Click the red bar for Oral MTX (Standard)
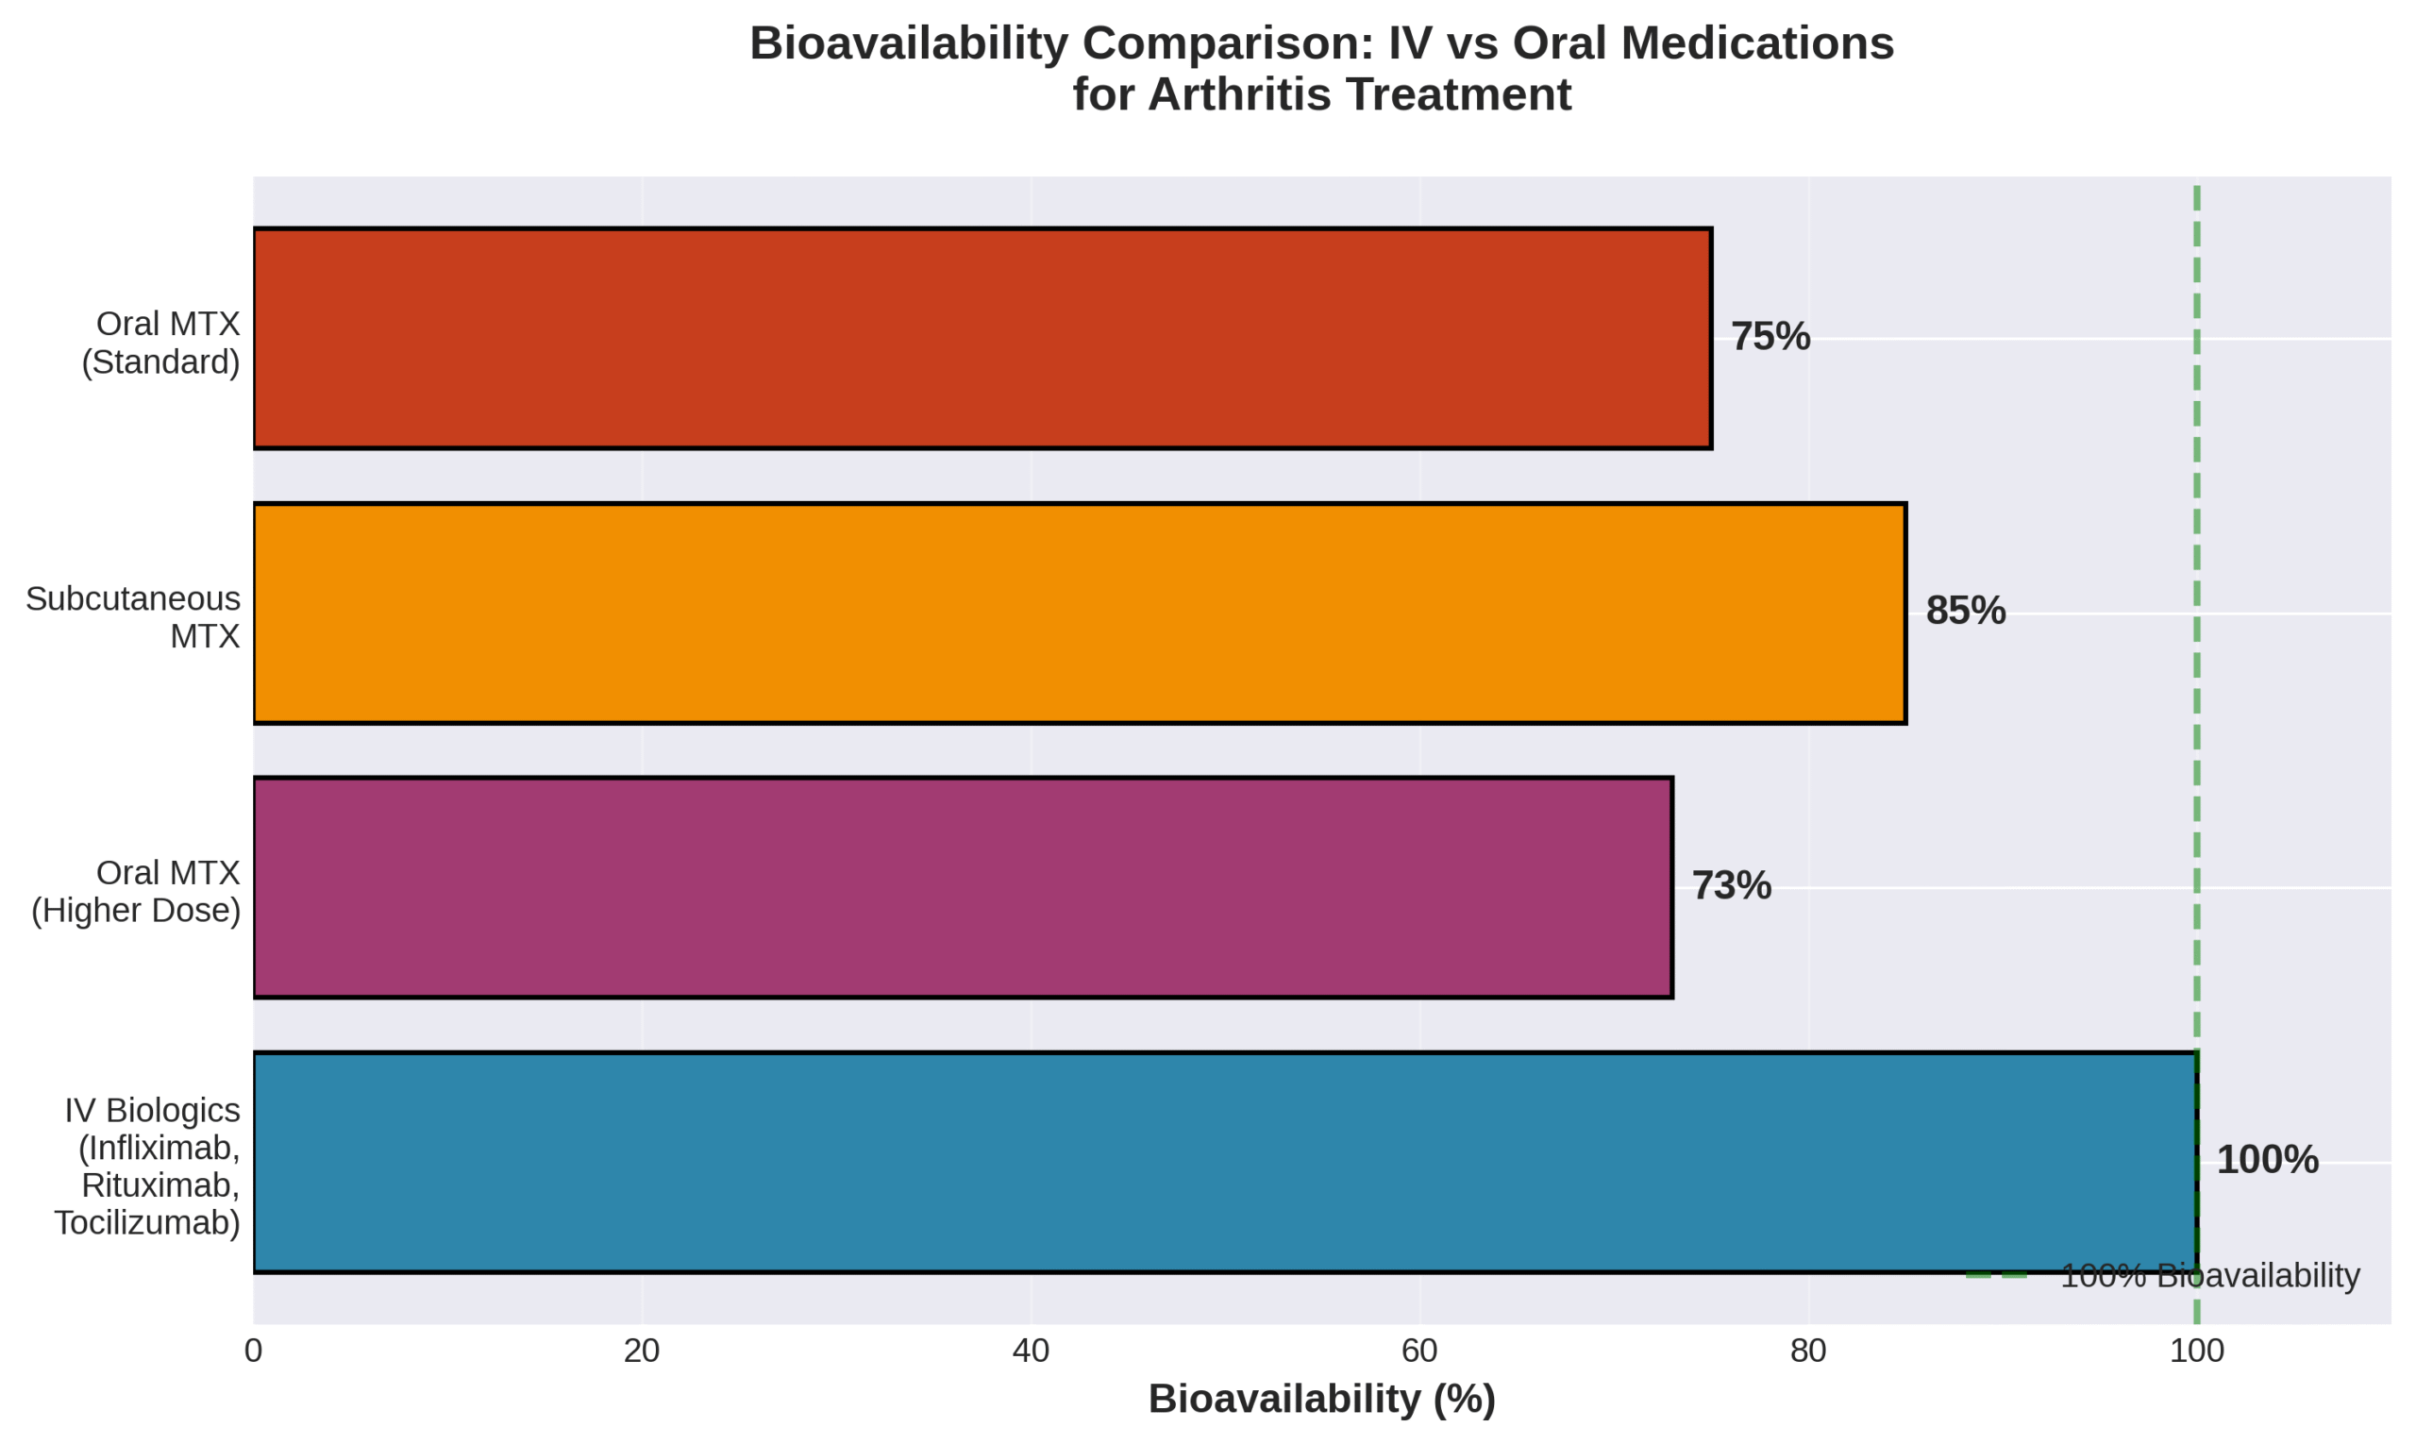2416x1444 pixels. (x=981, y=339)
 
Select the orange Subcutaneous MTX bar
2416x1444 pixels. (x=1079, y=613)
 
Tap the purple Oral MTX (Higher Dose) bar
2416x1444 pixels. (x=963, y=887)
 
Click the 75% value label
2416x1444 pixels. (x=1770, y=337)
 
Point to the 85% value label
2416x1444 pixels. (x=1965, y=611)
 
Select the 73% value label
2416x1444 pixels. (x=1731, y=885)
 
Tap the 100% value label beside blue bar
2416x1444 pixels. (x=2267, y=1160)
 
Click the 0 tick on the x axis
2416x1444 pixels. (x=253, y=1352)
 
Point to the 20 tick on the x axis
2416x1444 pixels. (x=641, y=1352)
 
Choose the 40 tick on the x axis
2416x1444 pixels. (x=1031, y=1352)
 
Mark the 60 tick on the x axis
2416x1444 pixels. (x=1418, y=1352)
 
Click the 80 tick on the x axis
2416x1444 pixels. (x=1808, y=1352)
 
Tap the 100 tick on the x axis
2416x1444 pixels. (x=2196, y=1352)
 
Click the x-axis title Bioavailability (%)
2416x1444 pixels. (x=1321, y=1400)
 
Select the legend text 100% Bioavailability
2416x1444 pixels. (x=2209, y=1276)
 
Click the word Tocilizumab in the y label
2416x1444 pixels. (x=146, y=1223)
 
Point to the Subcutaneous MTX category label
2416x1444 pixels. (x=133, y=617)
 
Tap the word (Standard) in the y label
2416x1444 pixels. (x=160, y=362)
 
